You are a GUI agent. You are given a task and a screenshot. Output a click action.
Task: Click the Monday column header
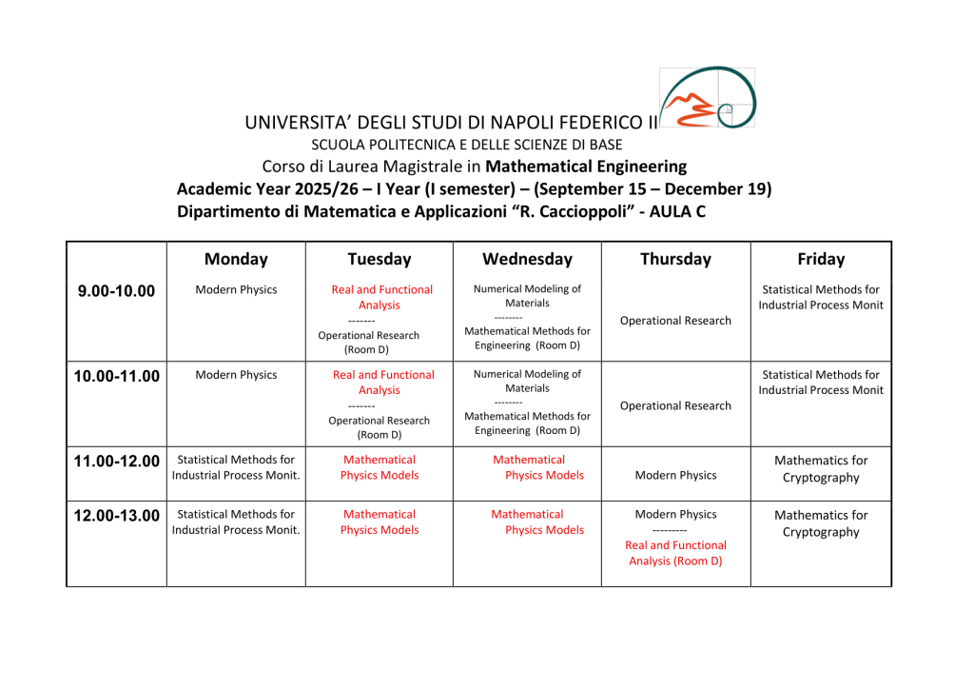pos(236,259)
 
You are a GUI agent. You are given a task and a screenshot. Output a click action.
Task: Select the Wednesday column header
pos(527,259)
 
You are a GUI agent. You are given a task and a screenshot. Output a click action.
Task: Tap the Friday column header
pos(821,259)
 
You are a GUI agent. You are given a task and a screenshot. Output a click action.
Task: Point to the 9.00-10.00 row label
pos(116,291)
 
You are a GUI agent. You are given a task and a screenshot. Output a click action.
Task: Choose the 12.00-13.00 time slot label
pos(116,516)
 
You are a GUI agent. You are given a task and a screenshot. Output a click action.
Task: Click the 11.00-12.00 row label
pos(116,462)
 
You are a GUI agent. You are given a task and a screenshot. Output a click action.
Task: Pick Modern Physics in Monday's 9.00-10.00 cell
pos(236,289)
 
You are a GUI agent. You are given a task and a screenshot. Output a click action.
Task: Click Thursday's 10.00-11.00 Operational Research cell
pos(675,405)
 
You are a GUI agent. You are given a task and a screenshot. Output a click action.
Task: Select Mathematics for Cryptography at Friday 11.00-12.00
pos(821,469)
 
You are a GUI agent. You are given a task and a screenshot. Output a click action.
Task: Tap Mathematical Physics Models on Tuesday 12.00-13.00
pos(380,522)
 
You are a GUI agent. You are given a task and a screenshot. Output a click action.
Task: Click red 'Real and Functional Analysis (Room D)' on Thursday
pos(675,553)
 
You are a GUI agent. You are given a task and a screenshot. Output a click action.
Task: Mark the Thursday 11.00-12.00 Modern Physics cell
pos(675,475)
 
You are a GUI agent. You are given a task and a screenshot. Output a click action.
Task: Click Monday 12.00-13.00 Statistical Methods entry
pos(236,522)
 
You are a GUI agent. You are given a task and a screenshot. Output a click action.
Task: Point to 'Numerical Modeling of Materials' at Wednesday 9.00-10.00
pos(527,296)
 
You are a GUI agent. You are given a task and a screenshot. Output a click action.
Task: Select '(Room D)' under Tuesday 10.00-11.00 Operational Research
pos(380,435)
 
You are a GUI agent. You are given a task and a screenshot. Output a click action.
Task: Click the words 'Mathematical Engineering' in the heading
pos(586,167)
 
